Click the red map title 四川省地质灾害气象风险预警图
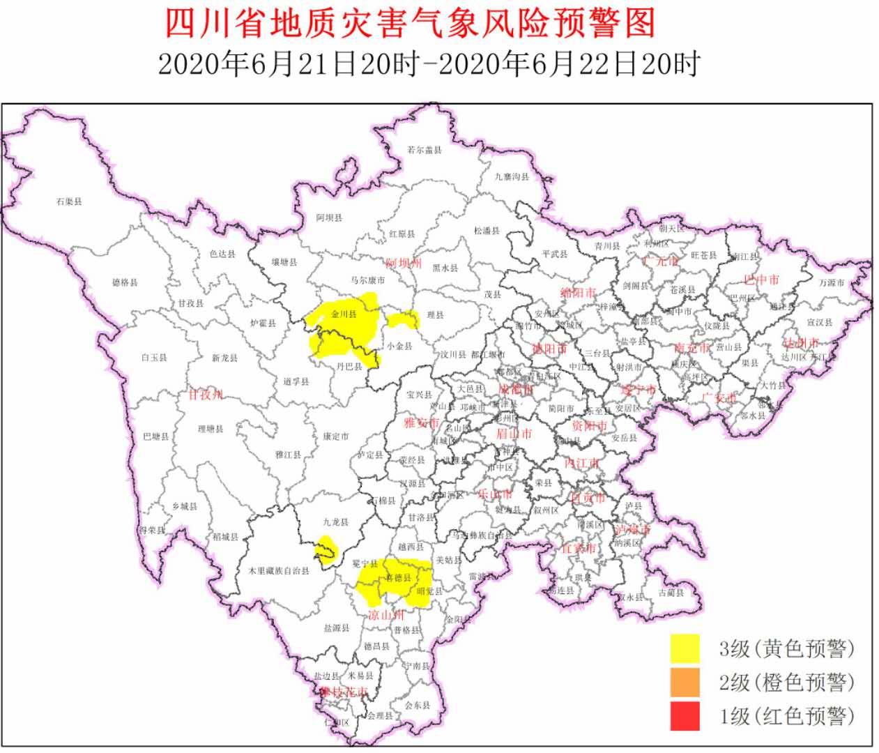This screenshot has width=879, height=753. point(410,23)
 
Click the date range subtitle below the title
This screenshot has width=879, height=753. point(428,64)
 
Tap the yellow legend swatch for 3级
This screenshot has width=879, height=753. point(685,648)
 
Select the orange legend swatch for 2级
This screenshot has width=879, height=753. point(685,683)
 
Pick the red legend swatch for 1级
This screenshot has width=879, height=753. point(685,716)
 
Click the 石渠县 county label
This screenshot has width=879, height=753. point(69,201)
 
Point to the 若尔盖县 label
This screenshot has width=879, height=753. point(425,150)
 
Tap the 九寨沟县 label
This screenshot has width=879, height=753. point(512,177)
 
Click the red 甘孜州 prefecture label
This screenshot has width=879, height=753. point(205,395)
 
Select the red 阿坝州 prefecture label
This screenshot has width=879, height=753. point(404,263)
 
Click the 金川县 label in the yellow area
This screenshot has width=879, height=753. point(344,314)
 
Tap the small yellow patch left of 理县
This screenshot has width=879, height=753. point(403,320)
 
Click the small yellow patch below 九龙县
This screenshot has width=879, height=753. point(324,548)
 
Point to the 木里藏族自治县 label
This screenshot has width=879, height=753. point(279,571)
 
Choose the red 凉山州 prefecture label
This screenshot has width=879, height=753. point(385,615)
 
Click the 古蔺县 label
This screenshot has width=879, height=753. point(671,593)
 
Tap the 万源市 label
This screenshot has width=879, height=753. point(832,283)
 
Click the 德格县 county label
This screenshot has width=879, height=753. point(125,282)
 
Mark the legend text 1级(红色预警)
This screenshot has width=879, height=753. point(787,716)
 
